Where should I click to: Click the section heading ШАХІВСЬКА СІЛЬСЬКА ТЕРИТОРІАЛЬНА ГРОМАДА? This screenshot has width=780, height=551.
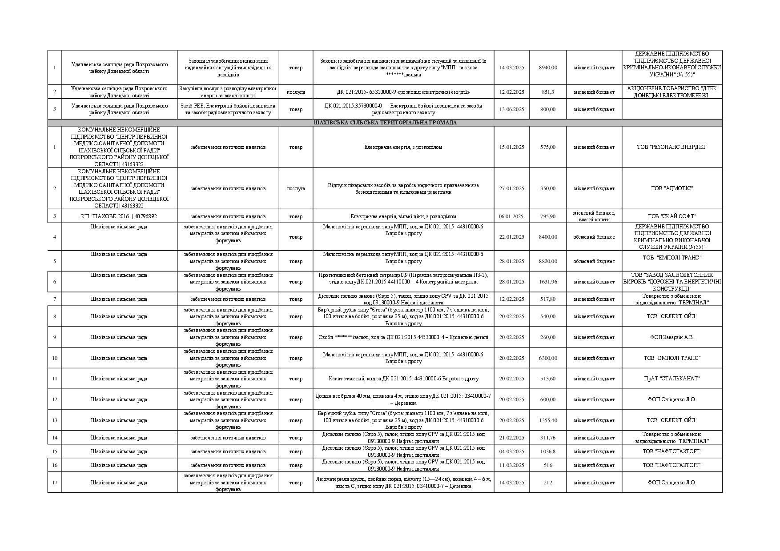pos(385,123)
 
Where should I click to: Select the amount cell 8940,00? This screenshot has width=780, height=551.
pos(547,68)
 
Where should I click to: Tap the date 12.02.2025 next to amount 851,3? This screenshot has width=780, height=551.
pos(511,92)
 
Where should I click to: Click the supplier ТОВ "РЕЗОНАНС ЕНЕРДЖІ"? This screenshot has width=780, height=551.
pos(671,147)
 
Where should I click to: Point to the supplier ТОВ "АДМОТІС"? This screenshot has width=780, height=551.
pos(671,188)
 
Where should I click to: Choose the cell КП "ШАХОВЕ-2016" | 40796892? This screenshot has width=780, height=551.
pos(119,216)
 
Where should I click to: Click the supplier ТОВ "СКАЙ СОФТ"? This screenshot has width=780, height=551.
pos(671,216)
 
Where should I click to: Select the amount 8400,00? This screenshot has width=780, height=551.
pos(547,237)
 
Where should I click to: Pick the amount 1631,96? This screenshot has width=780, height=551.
pos(547,282)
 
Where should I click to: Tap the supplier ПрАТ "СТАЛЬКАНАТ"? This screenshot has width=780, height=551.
pos(671,379)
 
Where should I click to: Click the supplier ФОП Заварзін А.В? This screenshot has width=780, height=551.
pos(671,337)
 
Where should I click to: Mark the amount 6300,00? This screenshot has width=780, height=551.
pos(547,358)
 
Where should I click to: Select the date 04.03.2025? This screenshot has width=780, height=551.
pos(511,451)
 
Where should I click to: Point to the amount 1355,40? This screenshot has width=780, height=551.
pos(547,420)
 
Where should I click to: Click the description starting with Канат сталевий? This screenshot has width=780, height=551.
pos(403,379)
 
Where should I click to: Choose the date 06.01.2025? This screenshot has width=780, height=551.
pos(511,216)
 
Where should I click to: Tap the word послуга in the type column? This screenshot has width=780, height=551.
pos(296,188)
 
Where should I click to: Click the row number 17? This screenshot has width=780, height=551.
pos(55,483)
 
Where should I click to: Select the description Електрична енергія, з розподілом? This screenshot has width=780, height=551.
pos(403,147)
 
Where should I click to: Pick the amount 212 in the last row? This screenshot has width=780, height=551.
pos(547,483)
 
